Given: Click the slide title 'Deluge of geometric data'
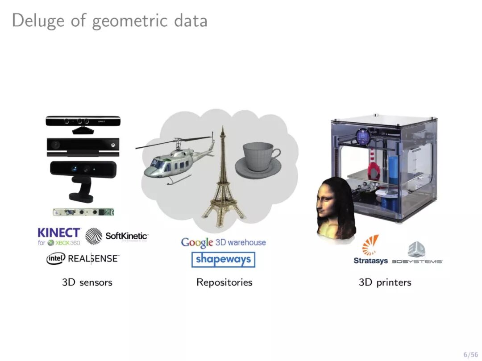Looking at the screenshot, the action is click(109, 21).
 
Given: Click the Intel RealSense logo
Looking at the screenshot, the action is click(83, 258).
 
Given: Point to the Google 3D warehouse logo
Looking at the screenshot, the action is click(223, 242).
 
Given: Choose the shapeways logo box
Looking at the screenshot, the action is click(223, 259).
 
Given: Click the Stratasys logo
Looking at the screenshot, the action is click(370, 250).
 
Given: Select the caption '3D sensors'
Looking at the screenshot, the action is click(87, 282).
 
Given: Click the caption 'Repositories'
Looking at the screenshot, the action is click(224, 282).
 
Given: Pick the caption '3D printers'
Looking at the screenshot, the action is click(385, 282).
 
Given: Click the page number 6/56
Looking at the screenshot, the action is click(470, 354).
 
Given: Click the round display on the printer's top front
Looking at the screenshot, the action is click(362, 136).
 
